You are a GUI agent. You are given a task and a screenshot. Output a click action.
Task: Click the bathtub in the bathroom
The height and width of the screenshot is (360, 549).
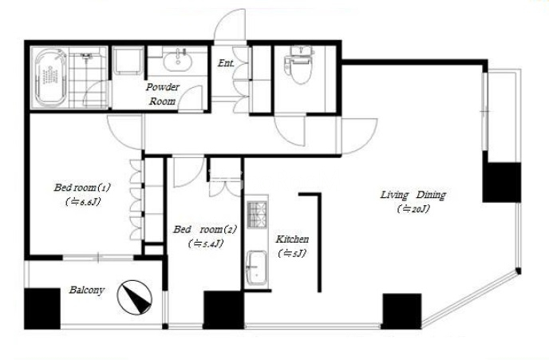pos(50,77)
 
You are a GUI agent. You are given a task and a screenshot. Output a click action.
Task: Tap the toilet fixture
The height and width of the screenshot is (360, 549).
pos(298,65)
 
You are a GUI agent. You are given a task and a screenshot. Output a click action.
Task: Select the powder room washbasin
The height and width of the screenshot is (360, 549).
pos(177,61)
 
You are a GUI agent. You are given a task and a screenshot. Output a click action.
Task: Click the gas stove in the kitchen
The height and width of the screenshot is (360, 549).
pos(257,214)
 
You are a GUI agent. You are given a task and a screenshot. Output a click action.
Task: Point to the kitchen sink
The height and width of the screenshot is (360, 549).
pos(256,268)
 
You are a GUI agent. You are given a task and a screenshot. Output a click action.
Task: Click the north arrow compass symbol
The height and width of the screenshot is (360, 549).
pos(134,297)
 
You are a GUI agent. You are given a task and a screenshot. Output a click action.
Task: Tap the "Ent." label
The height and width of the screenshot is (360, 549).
pos(226,63)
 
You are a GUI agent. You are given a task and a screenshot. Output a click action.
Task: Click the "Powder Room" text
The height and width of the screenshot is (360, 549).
pos(163,94)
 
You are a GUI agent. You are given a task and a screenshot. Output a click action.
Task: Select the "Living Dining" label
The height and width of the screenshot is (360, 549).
pos(413,195)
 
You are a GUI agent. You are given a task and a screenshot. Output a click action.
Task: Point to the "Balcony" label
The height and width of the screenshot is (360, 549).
pos(86,291)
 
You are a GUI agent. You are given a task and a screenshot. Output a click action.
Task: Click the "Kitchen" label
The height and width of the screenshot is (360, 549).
pos(292,239)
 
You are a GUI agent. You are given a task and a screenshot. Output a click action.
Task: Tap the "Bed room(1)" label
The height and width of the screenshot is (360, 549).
pos(82,188)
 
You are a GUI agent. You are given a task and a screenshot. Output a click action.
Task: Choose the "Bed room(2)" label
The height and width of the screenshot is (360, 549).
pos(205,229)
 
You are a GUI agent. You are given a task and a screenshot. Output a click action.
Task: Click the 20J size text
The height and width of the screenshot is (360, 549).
pos(413,209)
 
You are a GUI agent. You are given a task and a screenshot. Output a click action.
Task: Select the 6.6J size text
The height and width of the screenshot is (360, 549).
pos(83,202)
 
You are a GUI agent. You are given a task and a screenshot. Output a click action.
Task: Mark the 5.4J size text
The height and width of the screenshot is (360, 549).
pos(206,243)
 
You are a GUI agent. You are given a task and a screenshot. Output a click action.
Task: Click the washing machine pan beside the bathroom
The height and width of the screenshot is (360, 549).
pos(128,61)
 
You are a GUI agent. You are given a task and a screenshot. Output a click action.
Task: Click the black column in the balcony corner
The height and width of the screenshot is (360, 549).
pos(42,309)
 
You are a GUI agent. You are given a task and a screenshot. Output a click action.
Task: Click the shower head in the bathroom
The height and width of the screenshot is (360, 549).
pos(85,56)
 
